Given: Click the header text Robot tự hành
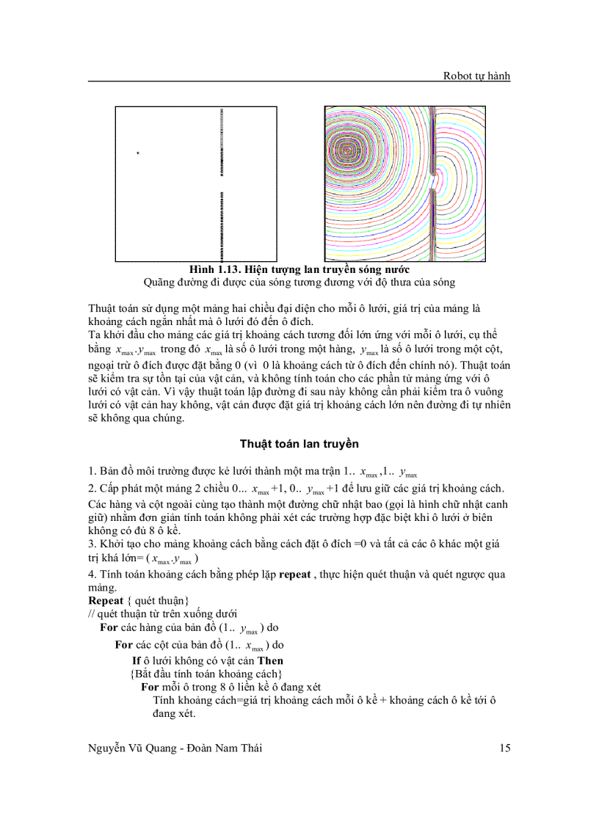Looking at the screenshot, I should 476,75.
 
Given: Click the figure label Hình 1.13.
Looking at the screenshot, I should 215,269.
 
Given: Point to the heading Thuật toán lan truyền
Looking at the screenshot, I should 299,444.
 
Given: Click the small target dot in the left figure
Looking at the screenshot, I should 137,153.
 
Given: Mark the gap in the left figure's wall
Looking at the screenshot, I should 221,183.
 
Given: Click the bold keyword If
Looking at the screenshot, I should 136,660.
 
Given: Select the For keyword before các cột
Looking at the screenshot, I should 124,645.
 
